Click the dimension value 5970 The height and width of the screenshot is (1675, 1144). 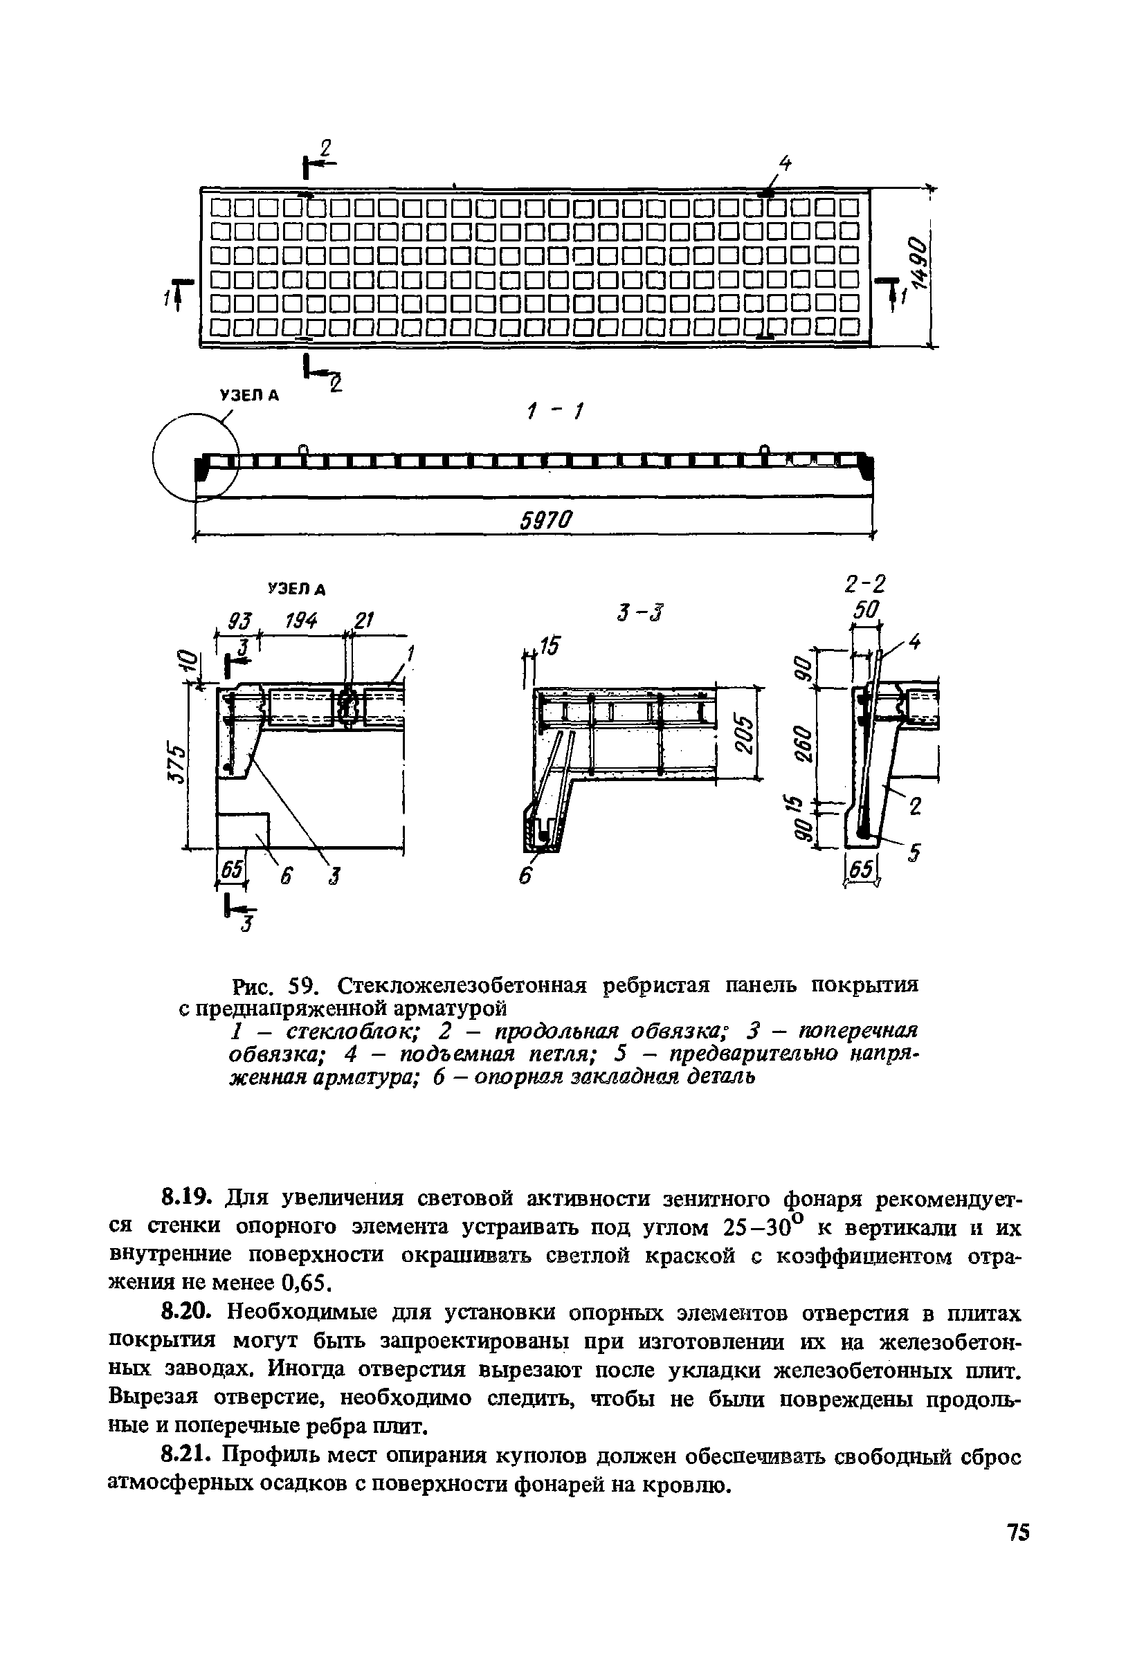(545, 519)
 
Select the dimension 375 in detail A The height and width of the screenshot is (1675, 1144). (176, 760)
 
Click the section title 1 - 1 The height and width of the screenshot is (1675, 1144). (554, 413)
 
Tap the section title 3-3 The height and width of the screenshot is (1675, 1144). (640, 614)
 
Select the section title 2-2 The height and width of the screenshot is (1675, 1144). (864, 583)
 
